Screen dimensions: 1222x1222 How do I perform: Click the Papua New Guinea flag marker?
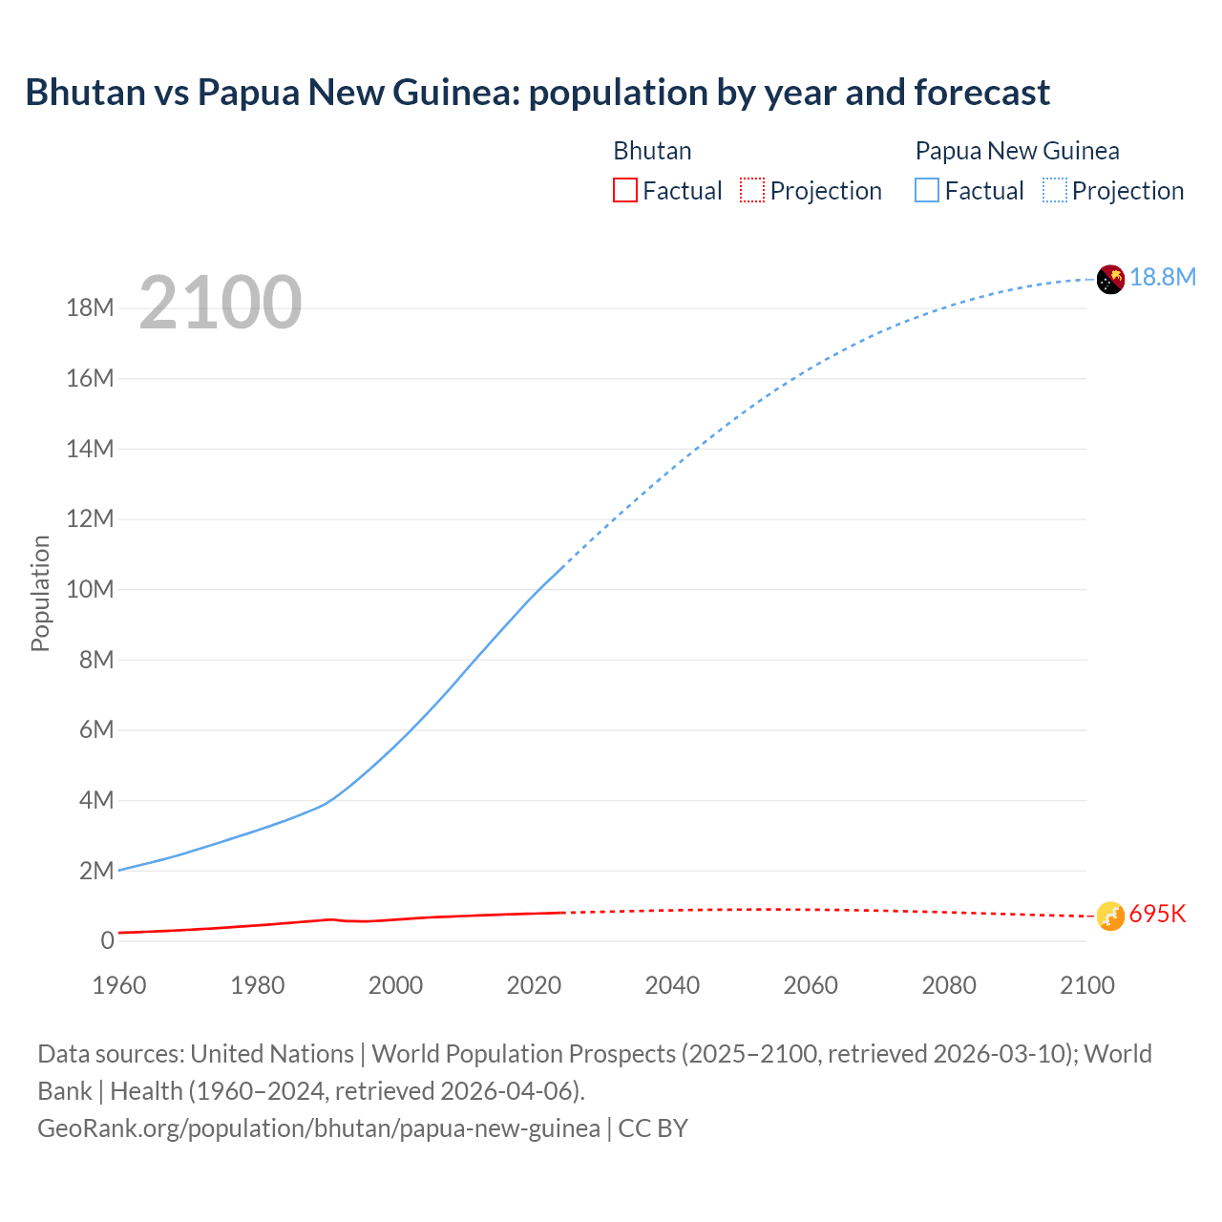point(1110,279)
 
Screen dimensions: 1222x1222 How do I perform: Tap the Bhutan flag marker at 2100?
point(1110,916)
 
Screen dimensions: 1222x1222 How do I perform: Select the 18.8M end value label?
point(1163,278)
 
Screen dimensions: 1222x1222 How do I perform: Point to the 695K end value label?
point(1157,915)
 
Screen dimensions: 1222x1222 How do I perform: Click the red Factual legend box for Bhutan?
point(624,191)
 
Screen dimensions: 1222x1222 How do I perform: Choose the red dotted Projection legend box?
point(752,191)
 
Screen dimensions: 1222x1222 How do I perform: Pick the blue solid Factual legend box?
point(926,191)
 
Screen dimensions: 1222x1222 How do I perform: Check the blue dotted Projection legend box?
point(1054,191)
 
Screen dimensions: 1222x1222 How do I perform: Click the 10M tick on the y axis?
point(90,590)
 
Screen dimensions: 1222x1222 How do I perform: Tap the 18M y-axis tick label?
point(90,308)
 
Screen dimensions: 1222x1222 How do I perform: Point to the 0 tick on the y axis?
point(107,941)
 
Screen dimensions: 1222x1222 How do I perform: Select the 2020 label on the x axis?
point(534,985)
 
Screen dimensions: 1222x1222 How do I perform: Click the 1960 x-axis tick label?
point(119,985)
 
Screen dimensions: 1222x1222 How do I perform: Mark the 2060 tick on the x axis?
point(811,985)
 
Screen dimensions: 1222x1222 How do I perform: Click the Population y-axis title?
point(40,593)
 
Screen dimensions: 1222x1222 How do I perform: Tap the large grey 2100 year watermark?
point(221,304)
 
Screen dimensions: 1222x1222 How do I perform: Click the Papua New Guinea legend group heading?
point(1017,151)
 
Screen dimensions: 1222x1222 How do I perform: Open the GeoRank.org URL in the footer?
point(319,1128)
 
